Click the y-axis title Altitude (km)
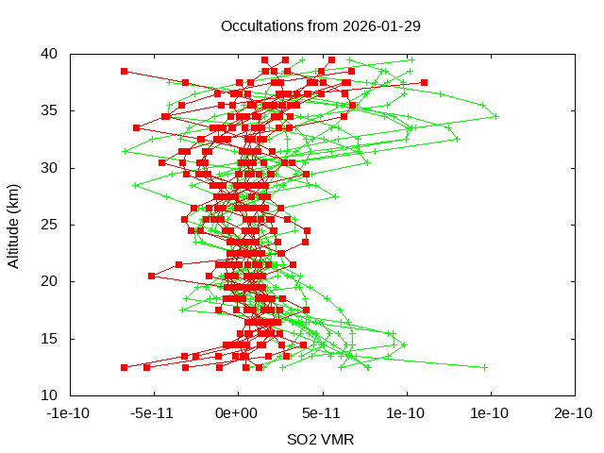tap(14, 225)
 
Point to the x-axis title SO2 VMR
tap(320, 440)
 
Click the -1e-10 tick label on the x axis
tap(69, 413)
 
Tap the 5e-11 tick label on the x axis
tap(322, 413)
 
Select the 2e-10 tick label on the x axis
tap(574, 413)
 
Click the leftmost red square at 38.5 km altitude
tap(124, 71)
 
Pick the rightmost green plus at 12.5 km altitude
tap(485, 367)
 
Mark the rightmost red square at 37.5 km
tap(424, 82)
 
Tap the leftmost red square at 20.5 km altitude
tap(152, 276)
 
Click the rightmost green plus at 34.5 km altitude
tap(495, 116)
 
